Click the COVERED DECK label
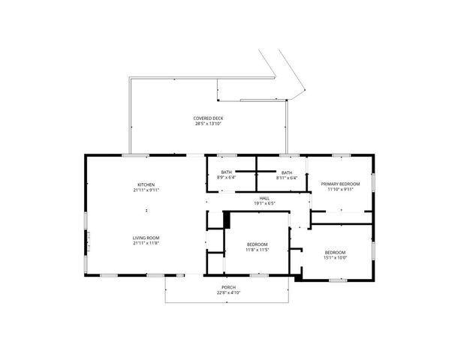click(208, 118)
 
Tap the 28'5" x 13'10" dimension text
click(208, 124)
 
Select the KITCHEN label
click(146, 184)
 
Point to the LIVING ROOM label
click(146, 238)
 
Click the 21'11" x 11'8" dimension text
click(146, 244)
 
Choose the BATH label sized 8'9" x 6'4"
click(226, 172)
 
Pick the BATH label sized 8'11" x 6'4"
click(287, 172)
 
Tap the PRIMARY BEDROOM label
click(340, 184)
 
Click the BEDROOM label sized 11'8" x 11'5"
click(258, 244)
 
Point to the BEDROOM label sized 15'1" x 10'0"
click(335, 251)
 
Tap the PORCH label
click(227, 286)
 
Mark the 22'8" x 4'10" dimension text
click(227, 292)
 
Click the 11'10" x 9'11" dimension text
click(340, 190)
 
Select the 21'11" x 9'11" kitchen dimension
click(146, 190)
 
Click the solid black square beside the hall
click(227, 220)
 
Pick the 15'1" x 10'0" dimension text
click(335, 257)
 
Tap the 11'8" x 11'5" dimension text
click(258, 250)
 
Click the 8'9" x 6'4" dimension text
click(226, 178)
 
